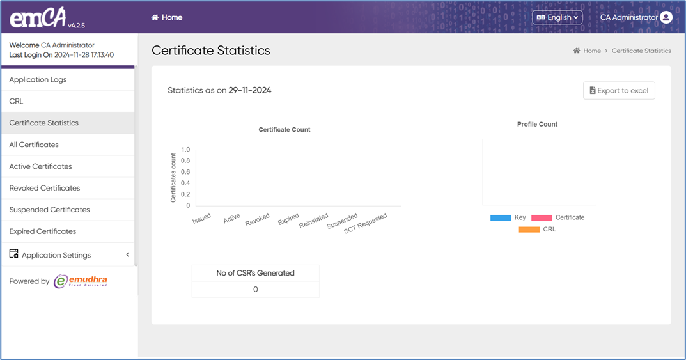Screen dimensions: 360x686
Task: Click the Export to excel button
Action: pyautogui.click(x=619, y=91)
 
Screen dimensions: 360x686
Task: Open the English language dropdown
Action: pyautogui.click(x=557, y=18)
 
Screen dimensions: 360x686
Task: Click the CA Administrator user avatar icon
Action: pyautogui.click(x=666, y=18)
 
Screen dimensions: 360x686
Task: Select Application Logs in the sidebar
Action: pyautogui.click(x=38, y=80)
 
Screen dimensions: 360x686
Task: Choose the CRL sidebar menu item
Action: pyautogui.click(x=16, y=102)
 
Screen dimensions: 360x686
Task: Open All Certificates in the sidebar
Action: pyautogui.click(x=34, y=145)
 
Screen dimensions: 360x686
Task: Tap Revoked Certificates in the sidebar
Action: pyautogui.click(x=45, y=189)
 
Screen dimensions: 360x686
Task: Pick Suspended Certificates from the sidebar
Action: pyautogui.click(x=49, y=210)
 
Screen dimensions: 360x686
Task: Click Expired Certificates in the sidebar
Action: pyautogui.click(x=42, y=232)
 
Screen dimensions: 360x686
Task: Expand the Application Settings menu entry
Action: pyautogui.click(x=56, y=255)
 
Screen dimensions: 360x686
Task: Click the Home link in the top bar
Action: pyautogui.click(x=167, y=18)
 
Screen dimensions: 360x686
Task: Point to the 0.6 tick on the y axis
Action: pyautogui.click(x=185, y=172)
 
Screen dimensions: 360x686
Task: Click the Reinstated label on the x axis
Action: pyautogui.click(x=314, y=222)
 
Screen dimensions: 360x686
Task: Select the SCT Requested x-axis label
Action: pyautogui.click(x=366, y=224)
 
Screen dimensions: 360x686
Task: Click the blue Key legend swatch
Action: pyautogui.click(x=501, y=218)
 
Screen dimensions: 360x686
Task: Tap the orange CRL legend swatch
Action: pyautogui.click(x=529, y=230)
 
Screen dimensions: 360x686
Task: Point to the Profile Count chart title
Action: pyautogui.click(x=537, y=125)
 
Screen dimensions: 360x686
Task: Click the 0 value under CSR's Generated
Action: pyautogui.click(x=255, y=290)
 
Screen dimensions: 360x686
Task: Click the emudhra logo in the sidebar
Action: pyautogui.click(x=81, y=281)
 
